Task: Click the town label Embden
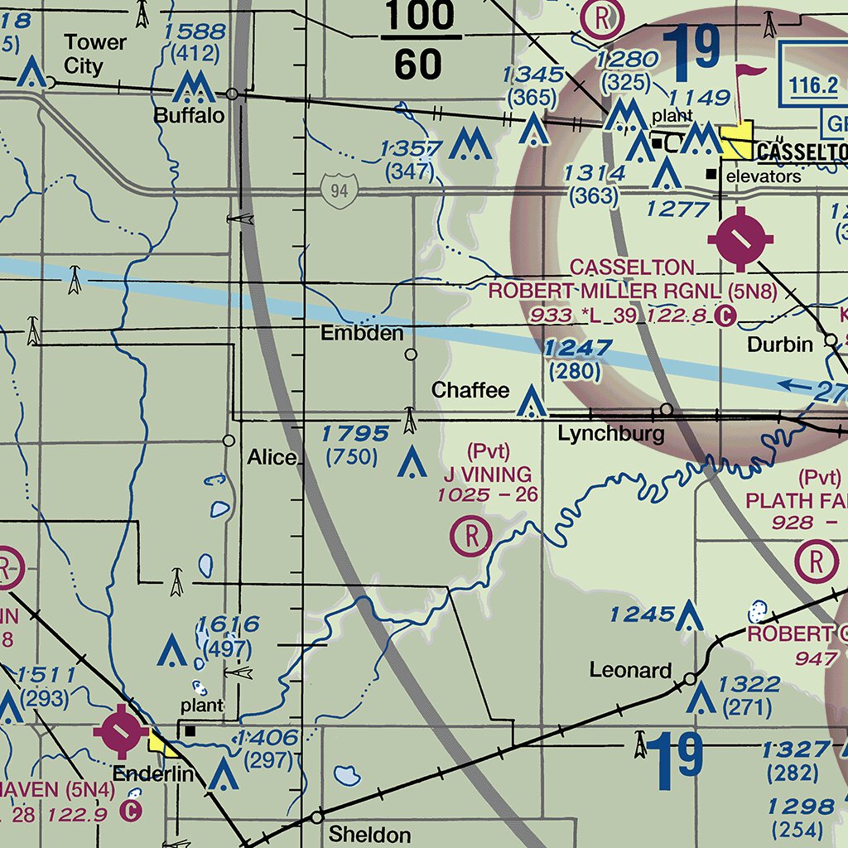click(363, 334)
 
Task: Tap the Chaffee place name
click(470, 390)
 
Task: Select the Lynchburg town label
click(610, 433)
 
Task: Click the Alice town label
click(272, 458)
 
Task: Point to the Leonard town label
click(630, 670)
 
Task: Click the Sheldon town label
click(369, 834)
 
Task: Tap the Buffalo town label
click(189, 116)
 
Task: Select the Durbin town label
click(779, 344)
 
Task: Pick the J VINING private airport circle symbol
click(471, 536)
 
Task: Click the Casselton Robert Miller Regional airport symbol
click(741, 239)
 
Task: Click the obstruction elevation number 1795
click(355, 433)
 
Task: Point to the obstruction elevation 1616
click(228, 625)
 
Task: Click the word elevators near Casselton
click(764, 176)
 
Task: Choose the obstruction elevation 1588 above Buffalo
click(195, 32)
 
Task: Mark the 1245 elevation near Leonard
click(642, 614)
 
